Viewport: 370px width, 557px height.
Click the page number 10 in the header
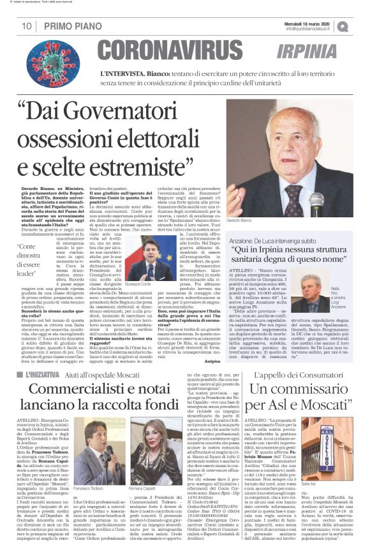(x=27, y=26)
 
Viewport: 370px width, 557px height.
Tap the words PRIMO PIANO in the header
(x=68, y=26)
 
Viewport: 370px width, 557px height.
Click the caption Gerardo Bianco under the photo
(x=258, y=219)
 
